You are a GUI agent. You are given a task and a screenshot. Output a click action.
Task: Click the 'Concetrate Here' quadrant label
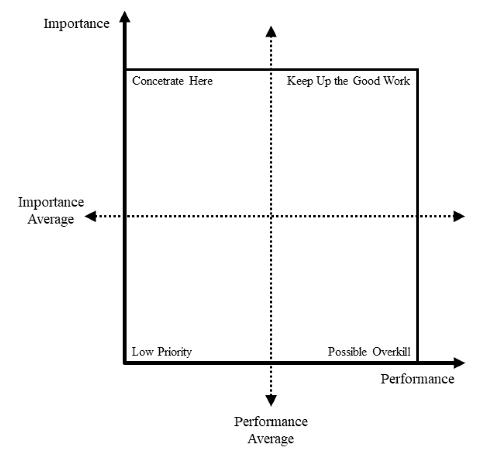tap(172, 81)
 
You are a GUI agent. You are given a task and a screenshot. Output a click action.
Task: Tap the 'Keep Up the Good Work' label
tap(348, 81)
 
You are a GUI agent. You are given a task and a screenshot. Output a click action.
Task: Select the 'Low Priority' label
tap(162, 352)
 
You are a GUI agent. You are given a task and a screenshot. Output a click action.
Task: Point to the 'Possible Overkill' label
tap(369, 351)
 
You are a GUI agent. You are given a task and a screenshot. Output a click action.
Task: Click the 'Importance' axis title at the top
tap(77, 24)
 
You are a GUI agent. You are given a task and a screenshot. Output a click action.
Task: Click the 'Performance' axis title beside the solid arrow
tap(417, 379)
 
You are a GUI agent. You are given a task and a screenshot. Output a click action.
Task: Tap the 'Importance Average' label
tap(51, 211)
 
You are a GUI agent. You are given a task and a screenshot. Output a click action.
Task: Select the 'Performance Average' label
tap(271, 430)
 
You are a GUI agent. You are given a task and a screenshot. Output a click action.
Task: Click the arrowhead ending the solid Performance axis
tap(459, 363)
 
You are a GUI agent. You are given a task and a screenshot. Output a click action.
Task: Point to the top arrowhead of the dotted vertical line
tap(271, 32)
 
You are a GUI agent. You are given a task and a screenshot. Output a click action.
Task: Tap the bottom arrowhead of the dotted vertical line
tap(271, 401)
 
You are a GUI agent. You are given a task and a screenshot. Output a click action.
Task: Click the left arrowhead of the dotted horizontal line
tap(91, 216)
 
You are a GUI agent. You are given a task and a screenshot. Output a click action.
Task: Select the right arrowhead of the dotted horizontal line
tap(459, 216)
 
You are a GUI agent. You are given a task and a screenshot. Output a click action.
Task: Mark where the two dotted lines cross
tap(271, 216)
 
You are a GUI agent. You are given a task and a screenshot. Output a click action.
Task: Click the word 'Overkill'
tap(392, 351)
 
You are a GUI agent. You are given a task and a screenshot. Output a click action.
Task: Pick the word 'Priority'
tap(175, 352)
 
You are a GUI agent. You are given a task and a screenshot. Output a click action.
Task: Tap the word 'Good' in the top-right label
tap(366, 81)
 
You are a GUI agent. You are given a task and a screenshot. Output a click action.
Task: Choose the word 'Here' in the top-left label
tap(201, 81)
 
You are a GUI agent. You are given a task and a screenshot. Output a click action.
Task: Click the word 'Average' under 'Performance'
tap(271, 439)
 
